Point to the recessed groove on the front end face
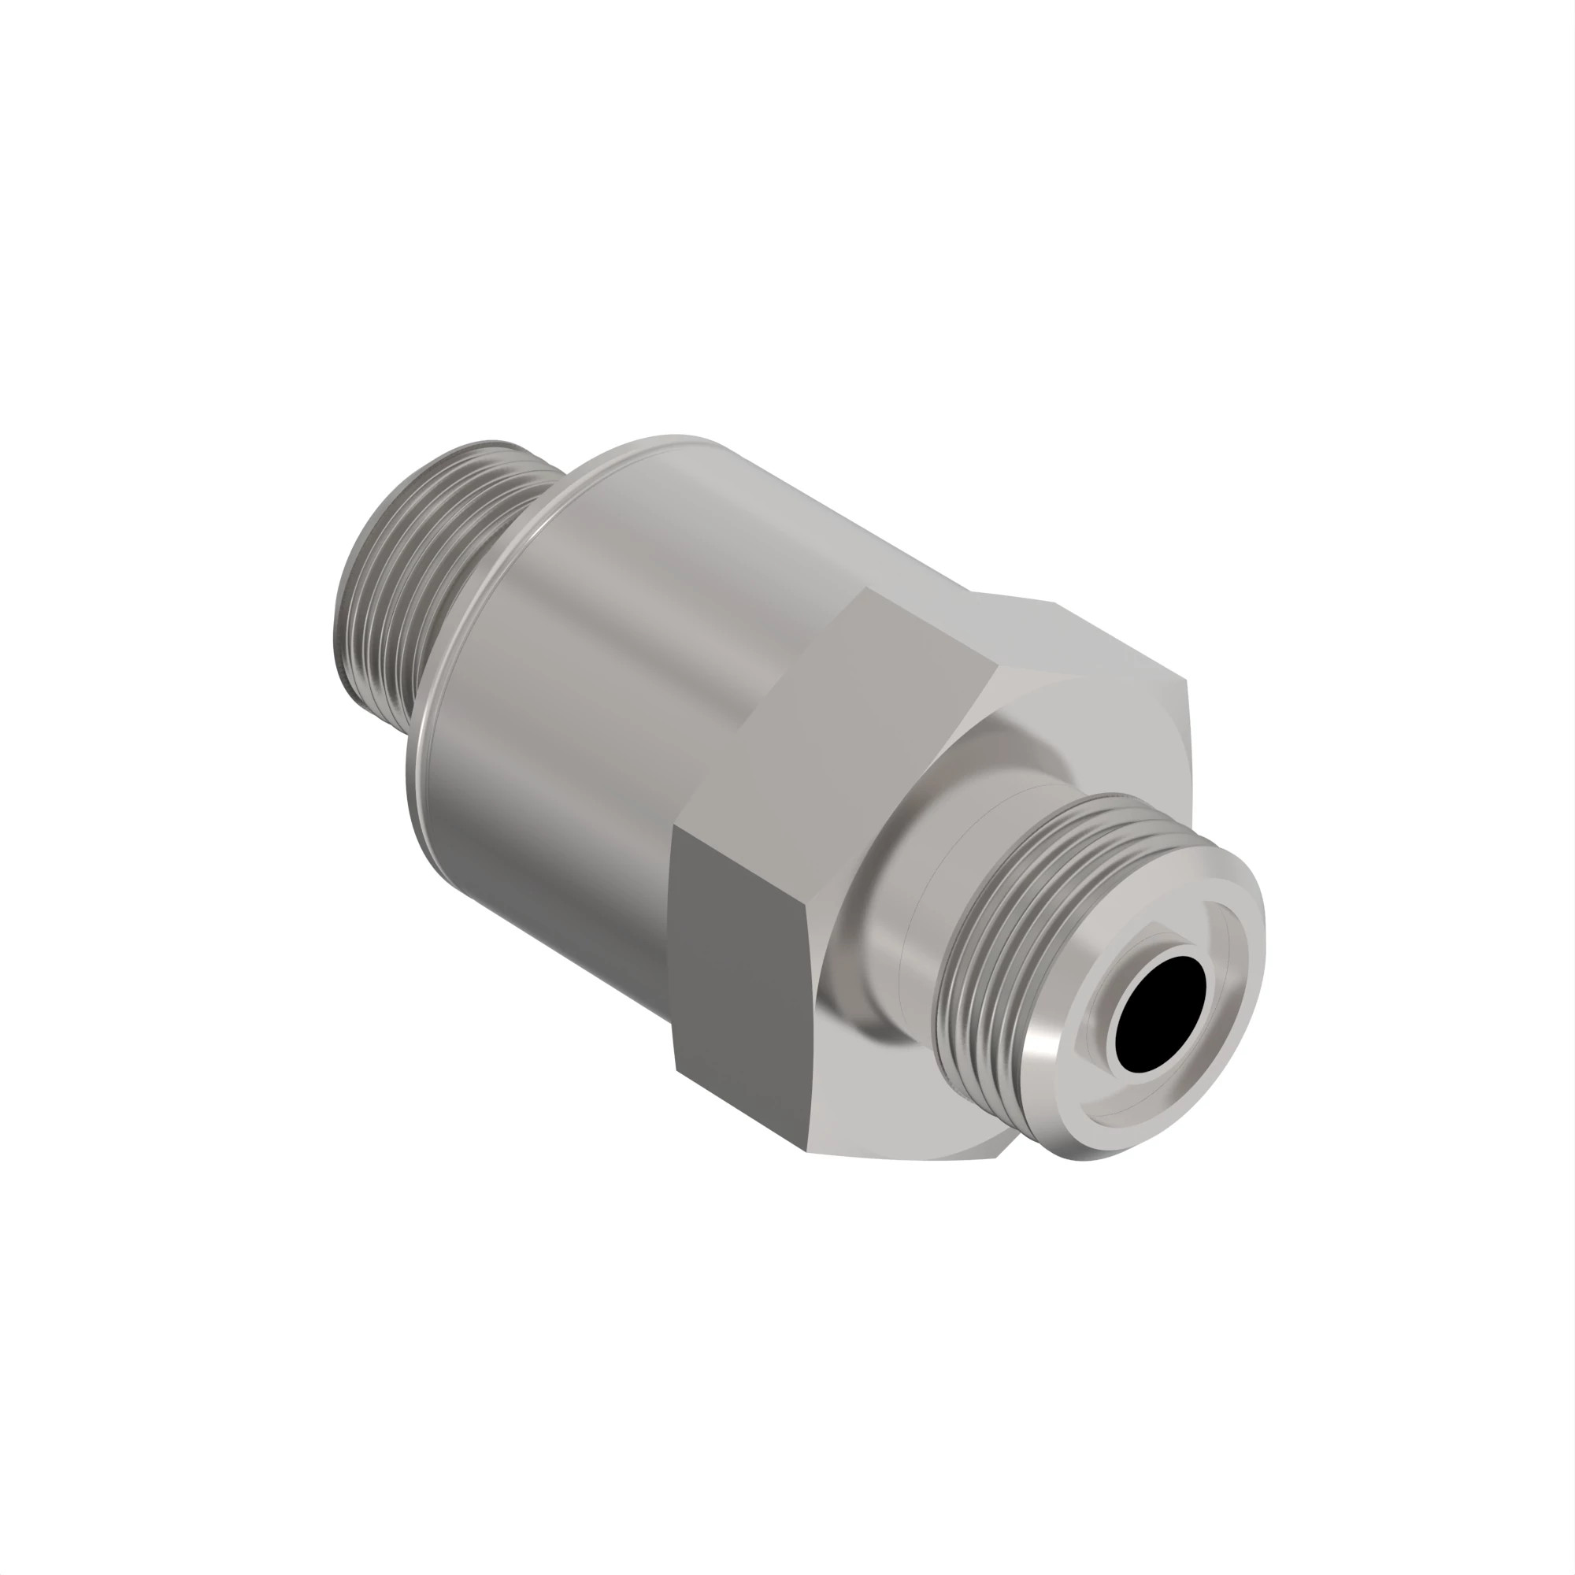point(1223,1051)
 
